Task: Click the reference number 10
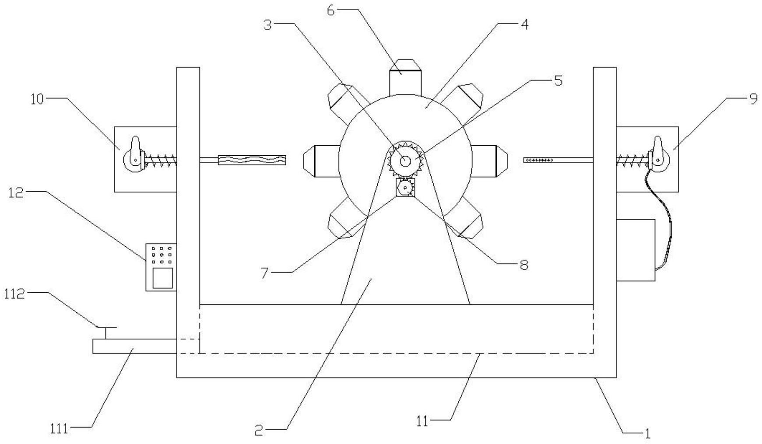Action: click(38, 99)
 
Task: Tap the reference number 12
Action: click(16, 192)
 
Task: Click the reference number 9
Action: click(753, 99)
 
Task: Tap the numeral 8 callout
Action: click(523, 264)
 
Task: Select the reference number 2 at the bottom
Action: click(259, 430)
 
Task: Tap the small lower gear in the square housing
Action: click(406, 189)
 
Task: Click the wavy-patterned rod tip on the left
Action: click(252, 161)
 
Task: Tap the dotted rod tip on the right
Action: click(539, 161)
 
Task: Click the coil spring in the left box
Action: click(160, 161)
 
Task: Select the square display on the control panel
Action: click(162, 278)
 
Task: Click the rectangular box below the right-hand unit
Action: click(635, 250)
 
